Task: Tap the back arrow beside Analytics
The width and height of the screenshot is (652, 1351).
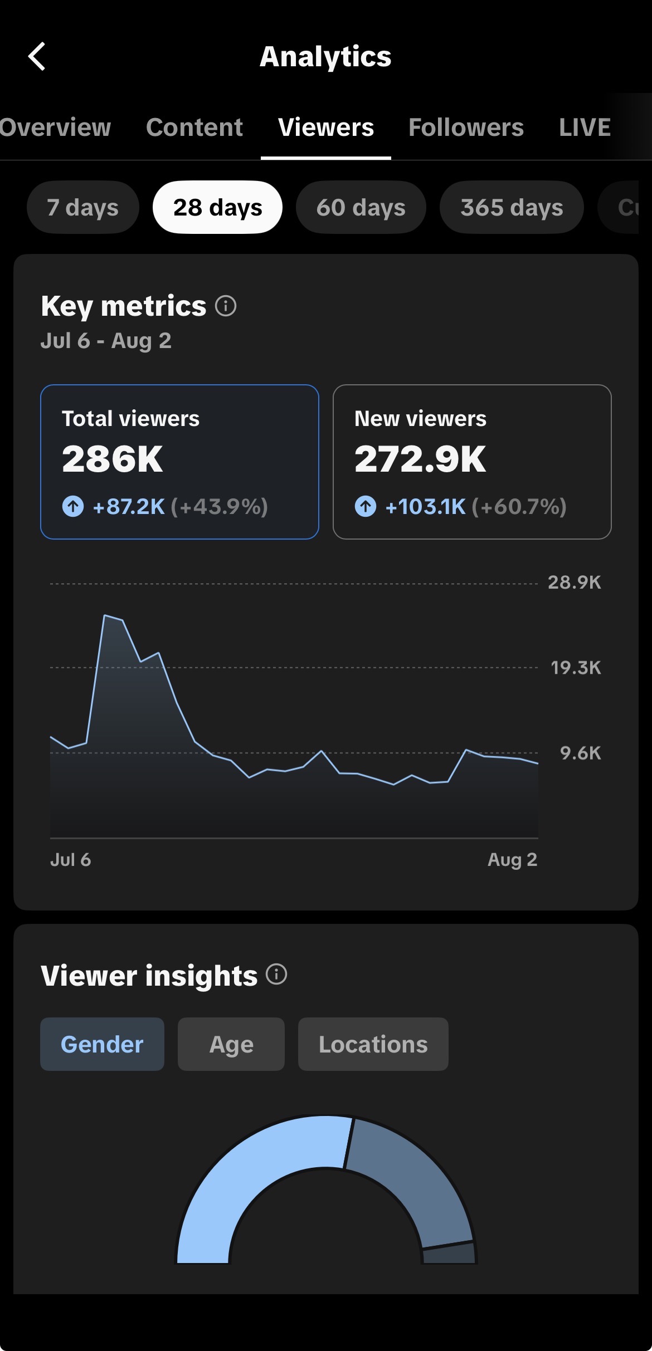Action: (37, 56)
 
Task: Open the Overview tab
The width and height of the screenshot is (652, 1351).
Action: (55, 128)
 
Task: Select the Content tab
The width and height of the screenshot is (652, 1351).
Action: (194, 128)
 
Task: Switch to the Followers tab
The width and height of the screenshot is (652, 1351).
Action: (466, 128)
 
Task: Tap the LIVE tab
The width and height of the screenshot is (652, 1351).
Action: (585, 128)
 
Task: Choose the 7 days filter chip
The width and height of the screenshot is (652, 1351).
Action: (82, 207)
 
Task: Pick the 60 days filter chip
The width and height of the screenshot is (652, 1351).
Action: (361, 207)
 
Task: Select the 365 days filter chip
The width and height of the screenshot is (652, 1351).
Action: (512, 207)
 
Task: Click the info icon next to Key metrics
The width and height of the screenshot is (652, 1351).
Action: (226, 306)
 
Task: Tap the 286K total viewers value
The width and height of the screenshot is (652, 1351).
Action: (112, 459)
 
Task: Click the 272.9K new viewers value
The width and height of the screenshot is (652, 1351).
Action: (420, 459)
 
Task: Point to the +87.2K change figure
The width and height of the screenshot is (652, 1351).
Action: (129, 507)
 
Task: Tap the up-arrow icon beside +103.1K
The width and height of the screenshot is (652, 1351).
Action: (366, 507)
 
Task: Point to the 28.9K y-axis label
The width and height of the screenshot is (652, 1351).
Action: (575, 583)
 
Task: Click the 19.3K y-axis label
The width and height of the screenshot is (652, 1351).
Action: (576, 668)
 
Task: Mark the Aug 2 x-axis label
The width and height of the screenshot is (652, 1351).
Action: (512, 859)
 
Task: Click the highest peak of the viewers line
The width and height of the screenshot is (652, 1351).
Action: (105, 615)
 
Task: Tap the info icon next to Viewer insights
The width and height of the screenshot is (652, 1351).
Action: (276, 975)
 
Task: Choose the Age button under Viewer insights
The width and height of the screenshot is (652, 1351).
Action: (231, 1044)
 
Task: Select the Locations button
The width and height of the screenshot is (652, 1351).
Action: (373, 1044)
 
